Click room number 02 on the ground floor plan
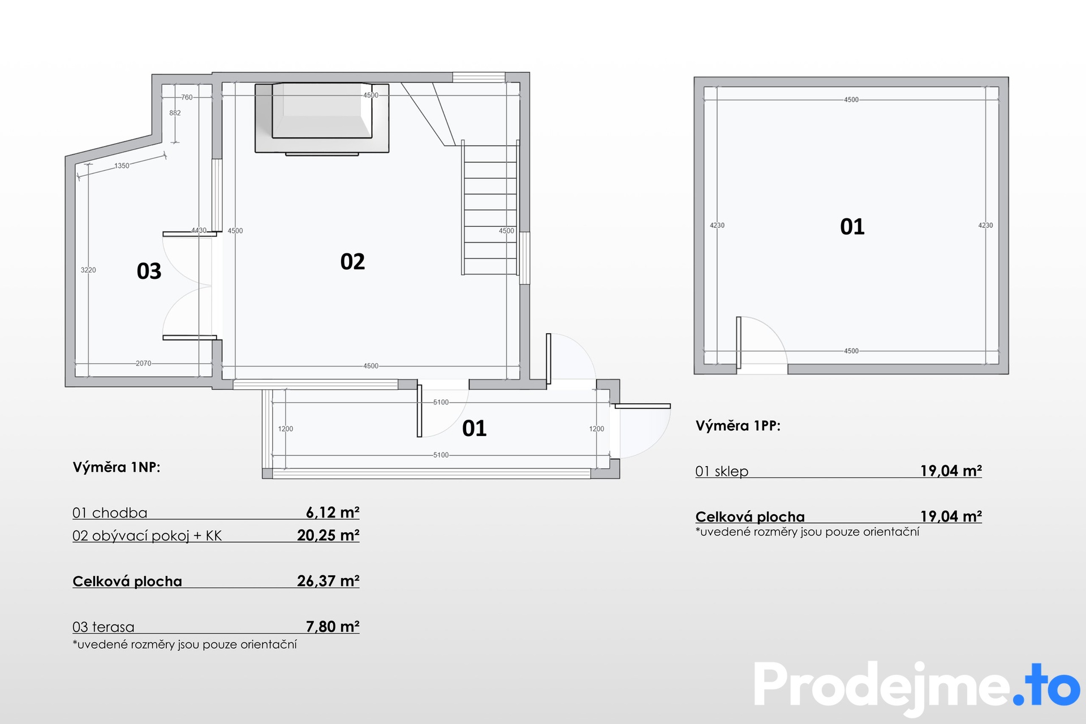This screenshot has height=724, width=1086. [352, 261]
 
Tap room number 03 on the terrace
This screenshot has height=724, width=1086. [149, 271]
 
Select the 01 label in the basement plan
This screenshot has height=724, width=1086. [852, 227]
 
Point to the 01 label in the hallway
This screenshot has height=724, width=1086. [474, 428]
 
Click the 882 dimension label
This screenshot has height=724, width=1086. [175, 113]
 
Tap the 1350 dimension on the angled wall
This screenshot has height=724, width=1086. [122, 166]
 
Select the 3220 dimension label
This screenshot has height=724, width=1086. [88, 270]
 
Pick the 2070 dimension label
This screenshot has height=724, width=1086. [144, 363]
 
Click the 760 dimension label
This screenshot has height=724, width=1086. [187, 97]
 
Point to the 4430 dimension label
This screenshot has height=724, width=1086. [199, 230]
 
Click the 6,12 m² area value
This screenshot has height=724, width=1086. [333, 512]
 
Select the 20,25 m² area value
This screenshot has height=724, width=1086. [328, 535]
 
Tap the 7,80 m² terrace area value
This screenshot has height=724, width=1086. [333, 627]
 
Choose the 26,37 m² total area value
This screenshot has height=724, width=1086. [328, 581]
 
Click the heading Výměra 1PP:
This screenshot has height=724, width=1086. [738, 426]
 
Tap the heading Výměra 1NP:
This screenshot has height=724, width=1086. [117, 467]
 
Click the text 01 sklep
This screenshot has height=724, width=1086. [722, 471]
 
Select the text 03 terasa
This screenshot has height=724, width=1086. [104, 627]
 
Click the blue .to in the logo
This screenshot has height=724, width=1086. [1047, 685]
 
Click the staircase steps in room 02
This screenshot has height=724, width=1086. [490, 208]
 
